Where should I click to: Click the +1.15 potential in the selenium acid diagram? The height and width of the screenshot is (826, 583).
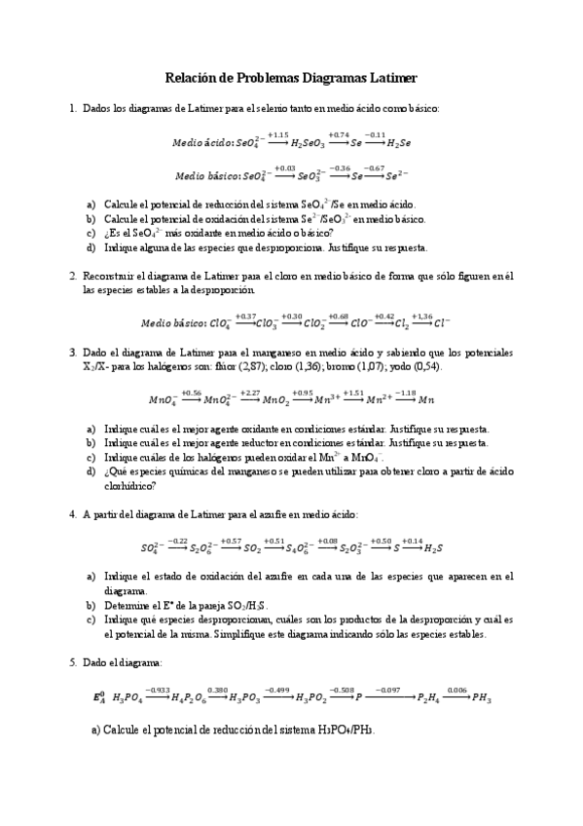(277, 134)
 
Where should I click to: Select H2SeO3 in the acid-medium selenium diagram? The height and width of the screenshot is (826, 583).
(310, 142)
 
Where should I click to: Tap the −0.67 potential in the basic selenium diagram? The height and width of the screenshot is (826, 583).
(374, 168)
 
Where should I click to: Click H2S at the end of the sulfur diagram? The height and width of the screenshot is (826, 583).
(435, 548)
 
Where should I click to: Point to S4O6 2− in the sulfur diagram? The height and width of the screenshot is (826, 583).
(311, 548)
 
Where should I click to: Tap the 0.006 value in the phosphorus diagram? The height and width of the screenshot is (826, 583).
(456, 690)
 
